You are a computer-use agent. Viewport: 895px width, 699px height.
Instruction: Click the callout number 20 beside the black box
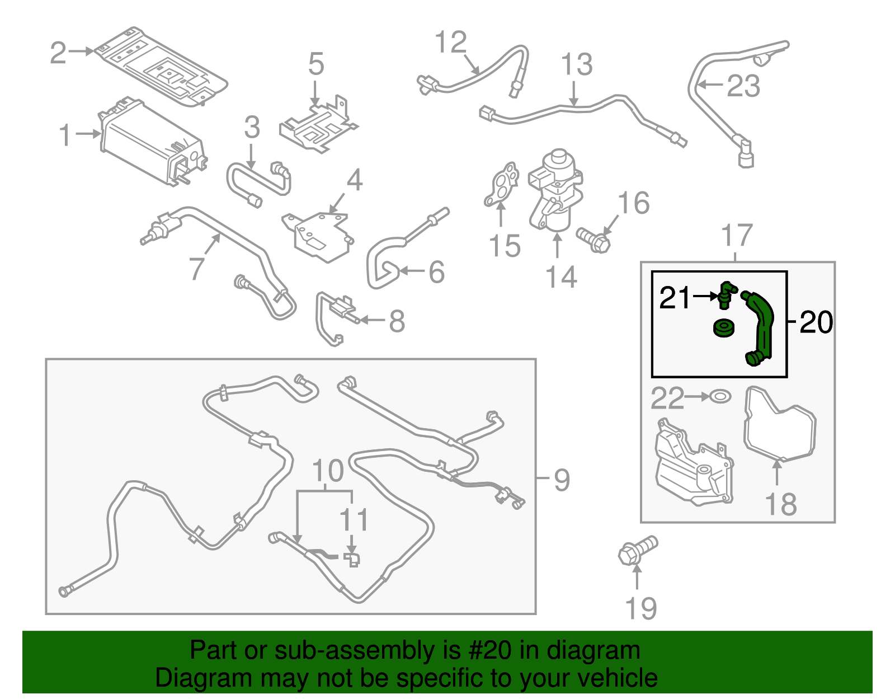(x=816, y=322)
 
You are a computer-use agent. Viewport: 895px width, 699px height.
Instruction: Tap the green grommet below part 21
(x=724, y=328)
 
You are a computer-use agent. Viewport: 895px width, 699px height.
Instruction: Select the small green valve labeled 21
(x=726, y=294)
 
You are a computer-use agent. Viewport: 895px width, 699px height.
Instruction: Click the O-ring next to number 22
(x=720, y=397)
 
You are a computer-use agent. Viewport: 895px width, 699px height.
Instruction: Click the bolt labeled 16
(x=593, y=241)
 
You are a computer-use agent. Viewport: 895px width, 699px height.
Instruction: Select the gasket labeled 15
(x=501, y=185)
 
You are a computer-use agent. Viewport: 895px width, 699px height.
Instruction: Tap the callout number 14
(x=560, y=276)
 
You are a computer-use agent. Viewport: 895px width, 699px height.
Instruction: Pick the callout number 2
(x=58, y=53)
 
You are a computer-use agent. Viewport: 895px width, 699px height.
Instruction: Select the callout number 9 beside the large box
(x=562, y=480)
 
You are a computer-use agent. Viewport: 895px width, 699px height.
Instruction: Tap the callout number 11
(x=354, y=520)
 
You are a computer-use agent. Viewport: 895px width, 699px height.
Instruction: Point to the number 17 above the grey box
(x=737, y=236)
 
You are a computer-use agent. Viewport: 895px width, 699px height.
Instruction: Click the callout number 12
(x=450, y=42)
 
